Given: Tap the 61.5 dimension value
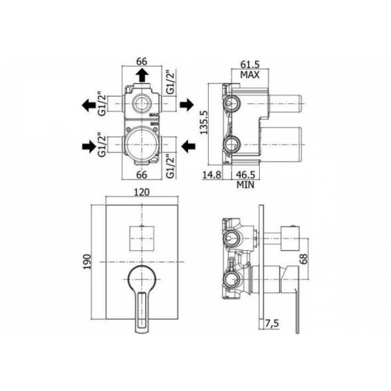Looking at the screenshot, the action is point(250,65).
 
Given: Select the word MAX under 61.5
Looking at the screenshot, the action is point(250,75).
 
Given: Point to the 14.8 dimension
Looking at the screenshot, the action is point(212,175).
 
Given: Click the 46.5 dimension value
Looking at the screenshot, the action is point(245,175).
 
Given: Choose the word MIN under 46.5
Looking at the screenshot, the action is point(245,185).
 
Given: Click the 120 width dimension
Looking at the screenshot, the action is point(142,192).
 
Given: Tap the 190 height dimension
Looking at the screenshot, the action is point(87,261).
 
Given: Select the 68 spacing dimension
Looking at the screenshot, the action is point(304,259).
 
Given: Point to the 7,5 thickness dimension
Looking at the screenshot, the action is point(272,324).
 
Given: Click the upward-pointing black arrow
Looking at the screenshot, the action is point(142,75).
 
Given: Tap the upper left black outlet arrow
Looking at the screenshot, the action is point(89,105).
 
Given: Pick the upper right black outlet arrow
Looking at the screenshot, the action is point(187,105).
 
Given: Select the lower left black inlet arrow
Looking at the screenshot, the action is point(89,147).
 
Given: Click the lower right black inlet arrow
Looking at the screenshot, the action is point(188,147).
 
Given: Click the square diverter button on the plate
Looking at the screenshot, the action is point(142,239).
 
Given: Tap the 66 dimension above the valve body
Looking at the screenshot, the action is point(142,62).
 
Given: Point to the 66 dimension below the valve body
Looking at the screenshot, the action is point(142,175).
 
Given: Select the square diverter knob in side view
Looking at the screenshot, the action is point(290,239).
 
